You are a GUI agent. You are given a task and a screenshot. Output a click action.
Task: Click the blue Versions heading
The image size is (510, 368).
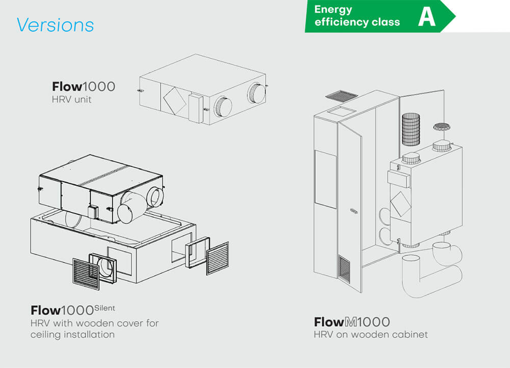pos(55,24)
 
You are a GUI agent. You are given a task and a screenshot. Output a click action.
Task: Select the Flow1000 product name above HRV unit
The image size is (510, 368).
pos(83,86)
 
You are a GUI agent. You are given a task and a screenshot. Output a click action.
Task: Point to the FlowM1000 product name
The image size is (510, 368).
pos(351,322)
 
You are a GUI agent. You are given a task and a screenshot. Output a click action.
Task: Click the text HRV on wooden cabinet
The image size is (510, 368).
pos(371,335)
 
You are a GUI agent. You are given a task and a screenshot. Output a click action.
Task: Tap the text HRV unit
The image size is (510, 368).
pos(71,99)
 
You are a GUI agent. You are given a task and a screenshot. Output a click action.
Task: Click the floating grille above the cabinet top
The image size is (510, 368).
pos(341,95)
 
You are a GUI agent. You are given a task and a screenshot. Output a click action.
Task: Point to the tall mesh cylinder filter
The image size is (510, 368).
pos(410,131)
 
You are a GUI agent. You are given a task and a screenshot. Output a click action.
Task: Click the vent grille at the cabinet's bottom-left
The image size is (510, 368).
pos(344,269)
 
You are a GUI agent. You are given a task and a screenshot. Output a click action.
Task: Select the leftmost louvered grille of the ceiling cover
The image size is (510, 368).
pos(85,273)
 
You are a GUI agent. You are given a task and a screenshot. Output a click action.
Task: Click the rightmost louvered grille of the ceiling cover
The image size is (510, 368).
pos(218,258)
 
